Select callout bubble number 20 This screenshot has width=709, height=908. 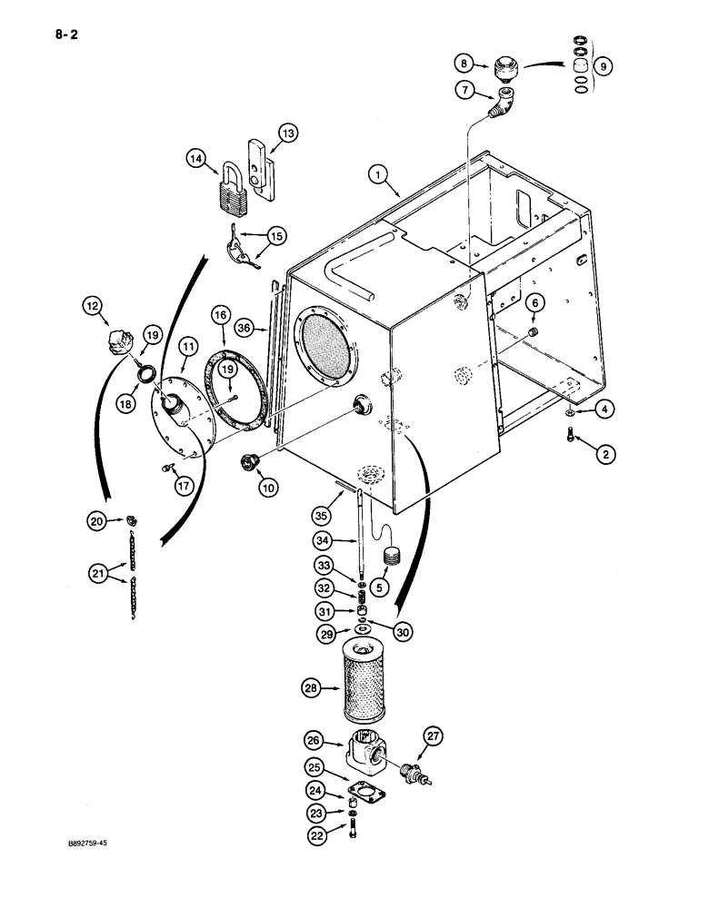tap(96, 521)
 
